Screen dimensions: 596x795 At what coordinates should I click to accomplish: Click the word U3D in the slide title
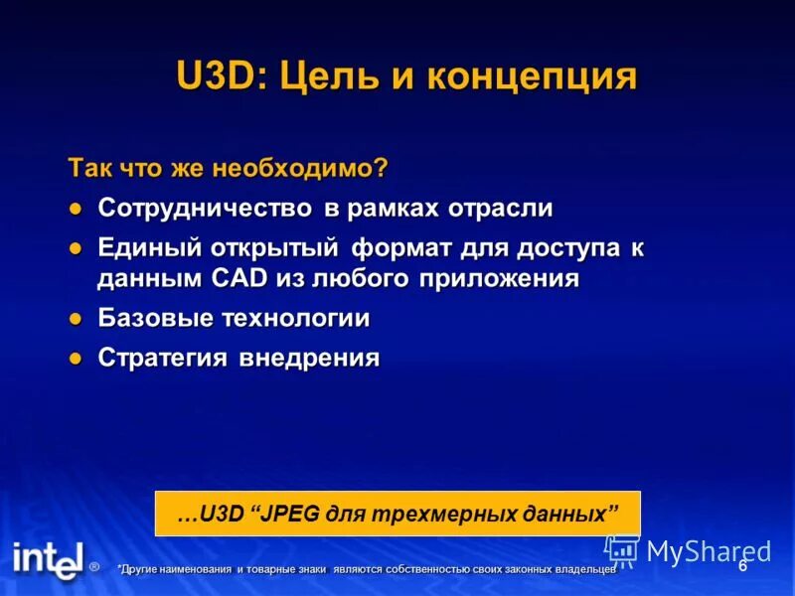coord(216,76)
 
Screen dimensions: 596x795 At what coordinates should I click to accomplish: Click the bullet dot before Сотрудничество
coord(75,210)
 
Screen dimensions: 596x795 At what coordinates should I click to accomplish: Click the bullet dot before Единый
coord(75,247)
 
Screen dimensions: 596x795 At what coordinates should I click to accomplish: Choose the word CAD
coord(239,278)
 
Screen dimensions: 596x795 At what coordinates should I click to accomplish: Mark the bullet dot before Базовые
coord(75,320)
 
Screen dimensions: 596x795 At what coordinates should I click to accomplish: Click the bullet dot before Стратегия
coord(75,359)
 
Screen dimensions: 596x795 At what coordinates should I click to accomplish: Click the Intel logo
coord(47,560)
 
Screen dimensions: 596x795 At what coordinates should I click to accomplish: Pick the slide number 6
coord(742,566)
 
